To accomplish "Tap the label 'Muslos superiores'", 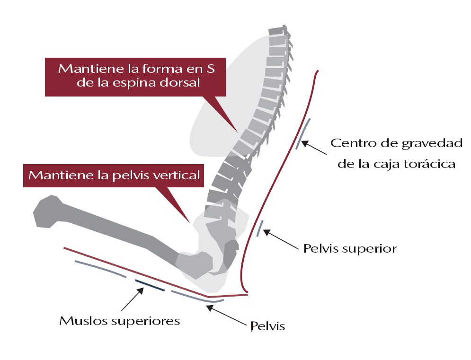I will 119,321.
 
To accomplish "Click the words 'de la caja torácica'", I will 393,164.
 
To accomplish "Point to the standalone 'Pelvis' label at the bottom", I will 267,326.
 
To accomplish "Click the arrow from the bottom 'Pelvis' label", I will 227,315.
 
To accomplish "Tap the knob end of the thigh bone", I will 47,212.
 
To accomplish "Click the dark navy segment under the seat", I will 150,285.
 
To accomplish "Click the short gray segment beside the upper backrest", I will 303,133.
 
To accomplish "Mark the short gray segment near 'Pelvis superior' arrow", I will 260,228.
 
